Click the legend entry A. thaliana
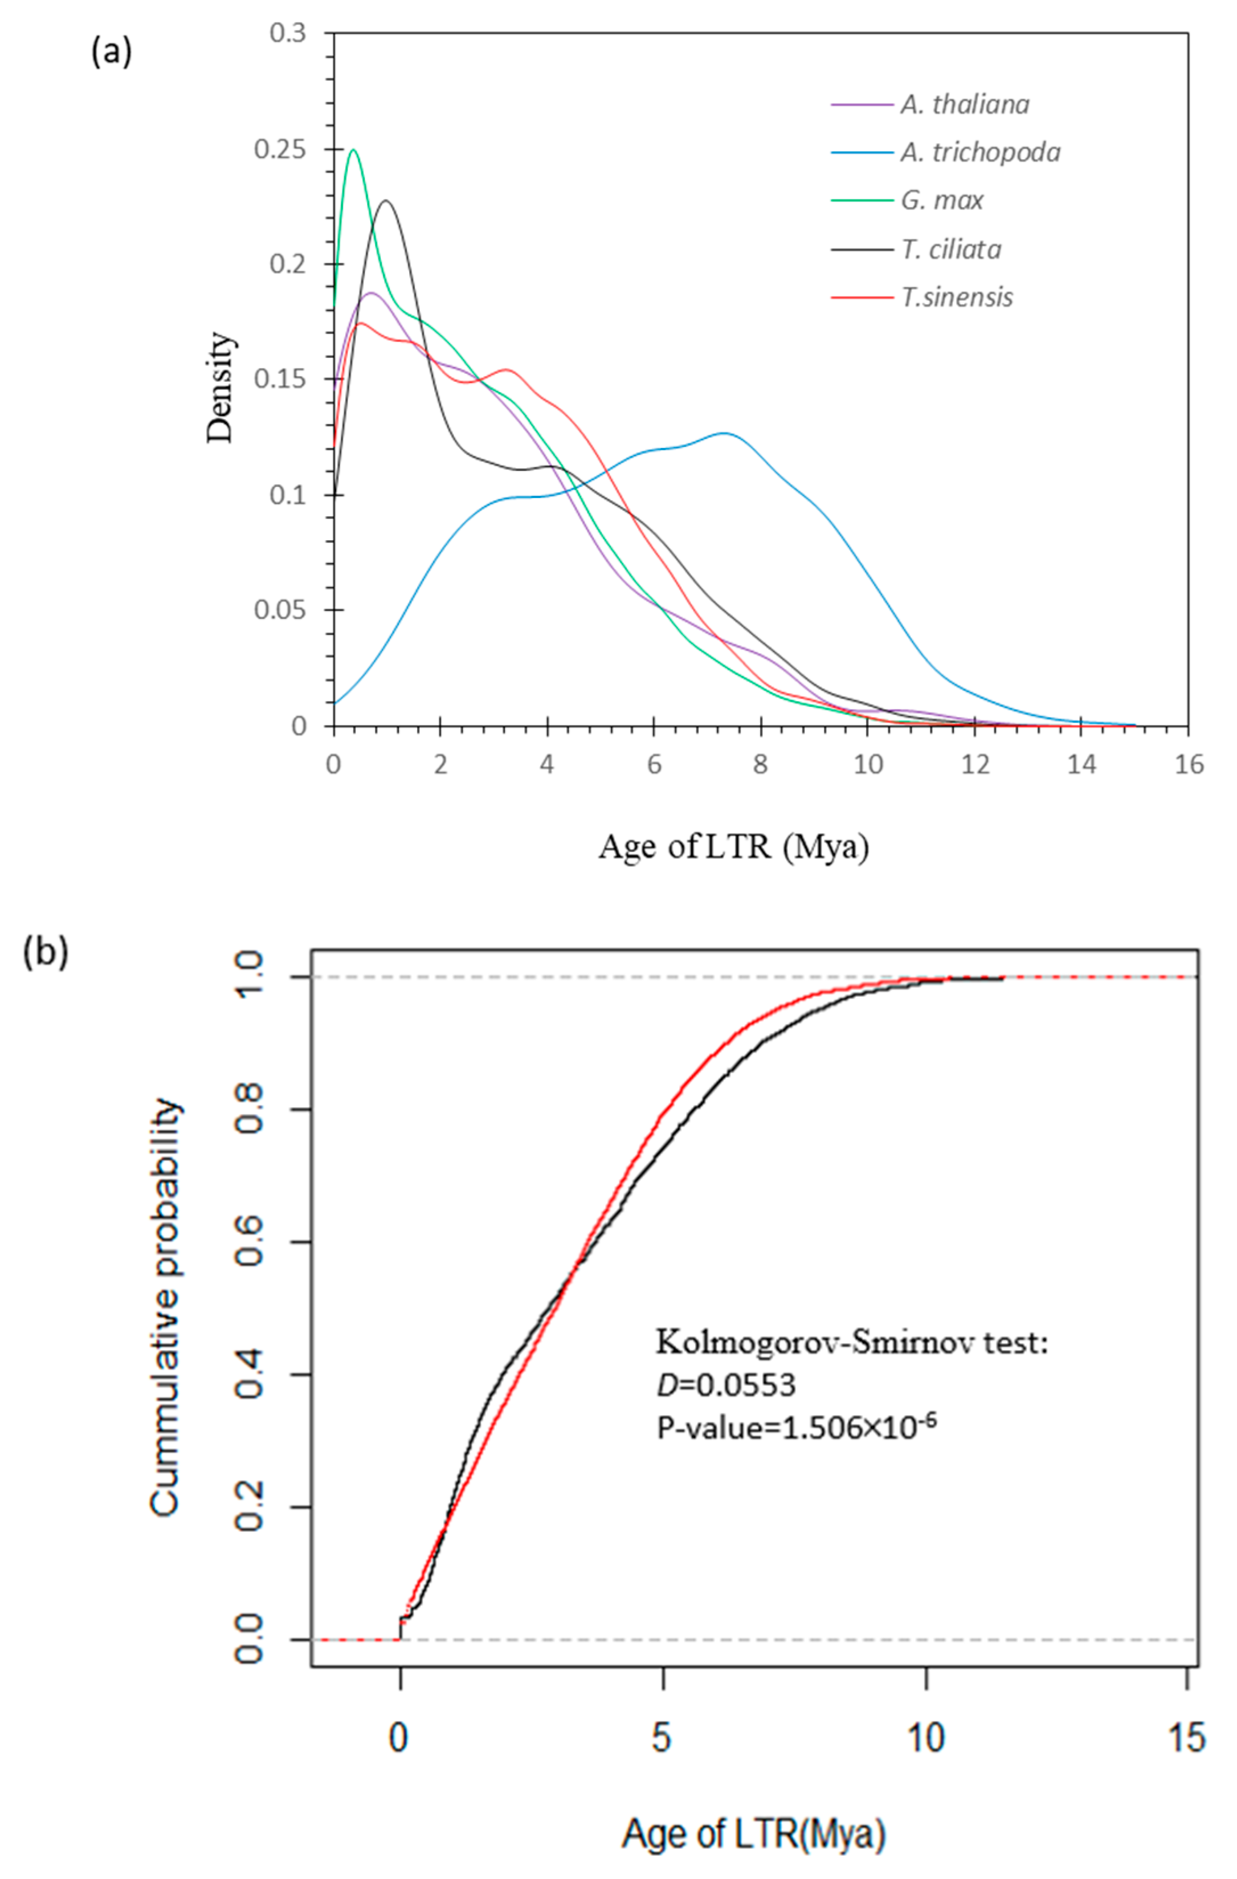pyautogui.click(x=965, y=104)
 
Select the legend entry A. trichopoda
pyautogui.click(x=981, y=152)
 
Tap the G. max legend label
pyautogui.click(x=942, y=201)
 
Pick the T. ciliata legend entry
pyautogui.click(x=951, y=250)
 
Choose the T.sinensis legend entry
pyautogui.click(x=957, y=297)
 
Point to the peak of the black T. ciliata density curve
pyautogui.click(x=386, y=201)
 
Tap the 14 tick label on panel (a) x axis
pyautogui.click(x=1081, y=764)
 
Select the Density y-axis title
pyautogui.click(x=221, y=387)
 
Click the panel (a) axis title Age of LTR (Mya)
pyautogui.click(x=733, y=847)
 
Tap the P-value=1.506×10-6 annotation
pyautogui.click(x=797, y=1426)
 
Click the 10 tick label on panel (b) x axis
pyautogui.click(x=925, y=1739)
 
